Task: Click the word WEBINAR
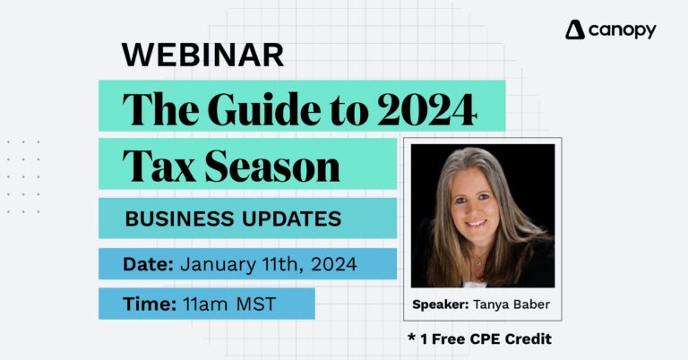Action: click(202, 55)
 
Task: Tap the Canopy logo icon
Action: click(575, 30)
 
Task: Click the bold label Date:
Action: click(149, 264)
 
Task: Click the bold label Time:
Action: click(149, 304)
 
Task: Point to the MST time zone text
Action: click(256, 304)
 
